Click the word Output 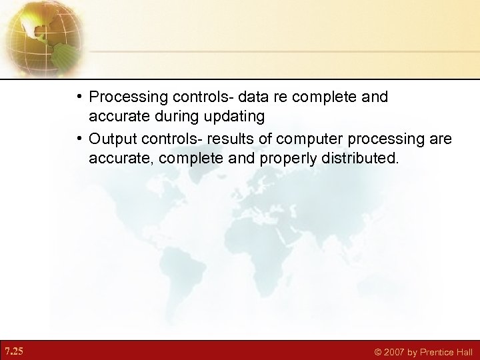[113, 139]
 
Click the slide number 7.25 [13, 351]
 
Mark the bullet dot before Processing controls [79, 97]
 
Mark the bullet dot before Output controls [79, 139]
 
